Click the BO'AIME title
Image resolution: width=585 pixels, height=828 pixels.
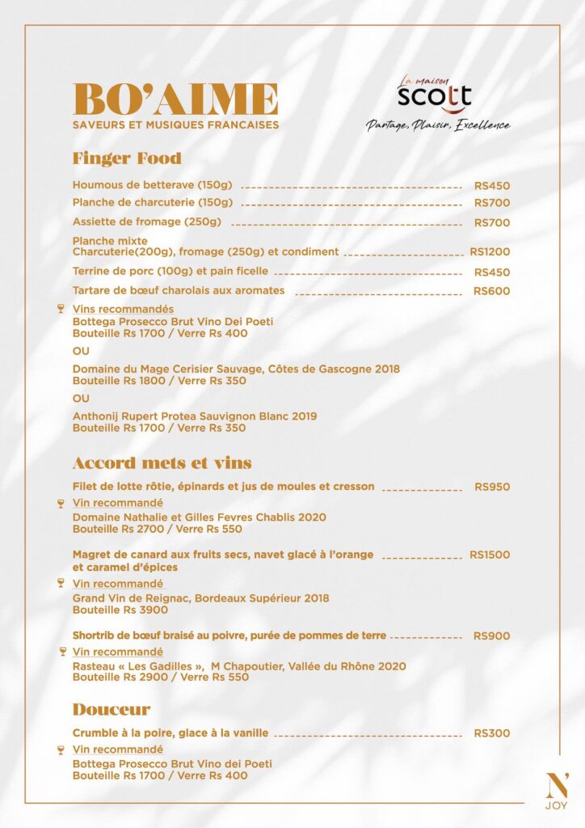(x=175, y=99)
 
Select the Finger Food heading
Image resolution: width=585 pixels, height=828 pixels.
(x=127, y=158)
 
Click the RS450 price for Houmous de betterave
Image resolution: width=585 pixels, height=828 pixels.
(x=491, y=185)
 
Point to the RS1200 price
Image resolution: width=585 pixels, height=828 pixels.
(x=490, y=251)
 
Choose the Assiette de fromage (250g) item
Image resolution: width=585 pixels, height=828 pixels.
(x=146, y=222)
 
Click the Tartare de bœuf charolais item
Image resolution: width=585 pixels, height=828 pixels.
(x=179, y=290)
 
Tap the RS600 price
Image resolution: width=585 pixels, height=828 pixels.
(x=491, y=291)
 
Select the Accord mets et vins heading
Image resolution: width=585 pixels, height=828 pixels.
(x=162, y=463)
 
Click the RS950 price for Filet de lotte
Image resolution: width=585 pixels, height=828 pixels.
(x=492, y=487)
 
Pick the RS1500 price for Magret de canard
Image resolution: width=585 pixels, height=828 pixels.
(x=490, y=555)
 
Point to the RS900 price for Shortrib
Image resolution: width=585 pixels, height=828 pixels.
(x=491, y=636)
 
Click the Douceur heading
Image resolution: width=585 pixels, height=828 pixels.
(x=112, y=710)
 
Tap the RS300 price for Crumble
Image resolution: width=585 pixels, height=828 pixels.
(x=491, y=733)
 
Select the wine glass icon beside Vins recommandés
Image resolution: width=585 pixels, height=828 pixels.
(x=61, y=309)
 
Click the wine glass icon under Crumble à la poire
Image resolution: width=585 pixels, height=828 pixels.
(x=61, y=750)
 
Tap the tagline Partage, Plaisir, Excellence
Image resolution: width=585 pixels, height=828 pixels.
(x=437, y=125)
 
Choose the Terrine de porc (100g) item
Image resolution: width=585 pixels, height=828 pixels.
(x=170, y=272)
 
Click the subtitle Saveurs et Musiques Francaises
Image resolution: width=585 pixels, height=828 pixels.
(x=175, y=125)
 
